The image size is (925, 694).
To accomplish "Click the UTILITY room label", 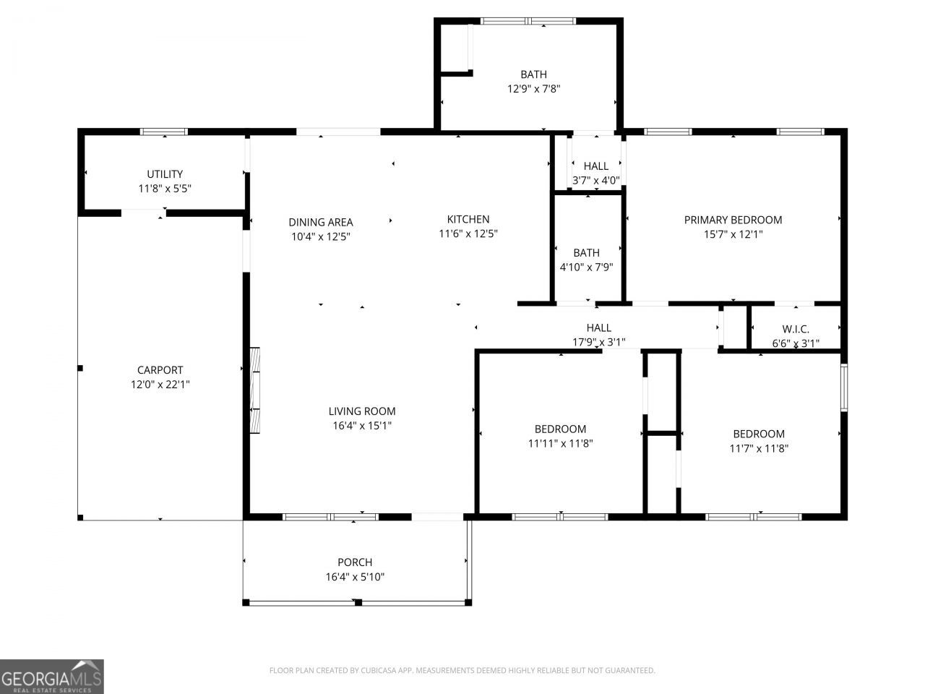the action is (165, 174).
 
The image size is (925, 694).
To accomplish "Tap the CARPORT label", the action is (160, 370).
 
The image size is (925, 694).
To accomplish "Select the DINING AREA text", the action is (321, 222).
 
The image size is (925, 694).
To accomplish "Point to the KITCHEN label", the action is (468, 219).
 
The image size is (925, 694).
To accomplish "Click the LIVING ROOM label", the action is (362, 411).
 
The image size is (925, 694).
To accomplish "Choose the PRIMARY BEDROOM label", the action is (733, 220).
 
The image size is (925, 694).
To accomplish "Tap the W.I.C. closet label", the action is (796, 329).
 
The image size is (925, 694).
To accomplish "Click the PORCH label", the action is (355, 562).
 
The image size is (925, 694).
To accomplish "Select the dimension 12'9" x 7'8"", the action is (533, 88).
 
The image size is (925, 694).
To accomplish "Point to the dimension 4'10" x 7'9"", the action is (586, 267).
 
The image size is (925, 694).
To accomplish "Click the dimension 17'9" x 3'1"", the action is (598, 342).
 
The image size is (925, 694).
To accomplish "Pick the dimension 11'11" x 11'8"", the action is (561, 443).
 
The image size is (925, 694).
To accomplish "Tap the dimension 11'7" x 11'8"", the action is (759, 448).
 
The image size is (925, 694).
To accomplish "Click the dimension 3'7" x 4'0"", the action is (596, 180).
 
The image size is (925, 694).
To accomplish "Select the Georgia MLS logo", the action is (52, 677).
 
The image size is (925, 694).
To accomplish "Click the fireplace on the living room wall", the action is (255, 390).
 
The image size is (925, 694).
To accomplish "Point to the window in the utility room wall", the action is (164, 132).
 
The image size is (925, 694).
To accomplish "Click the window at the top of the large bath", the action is (528, 21).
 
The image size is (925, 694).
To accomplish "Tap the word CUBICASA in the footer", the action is (377, 670).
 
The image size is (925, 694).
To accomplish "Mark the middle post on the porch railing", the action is (358, 603).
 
